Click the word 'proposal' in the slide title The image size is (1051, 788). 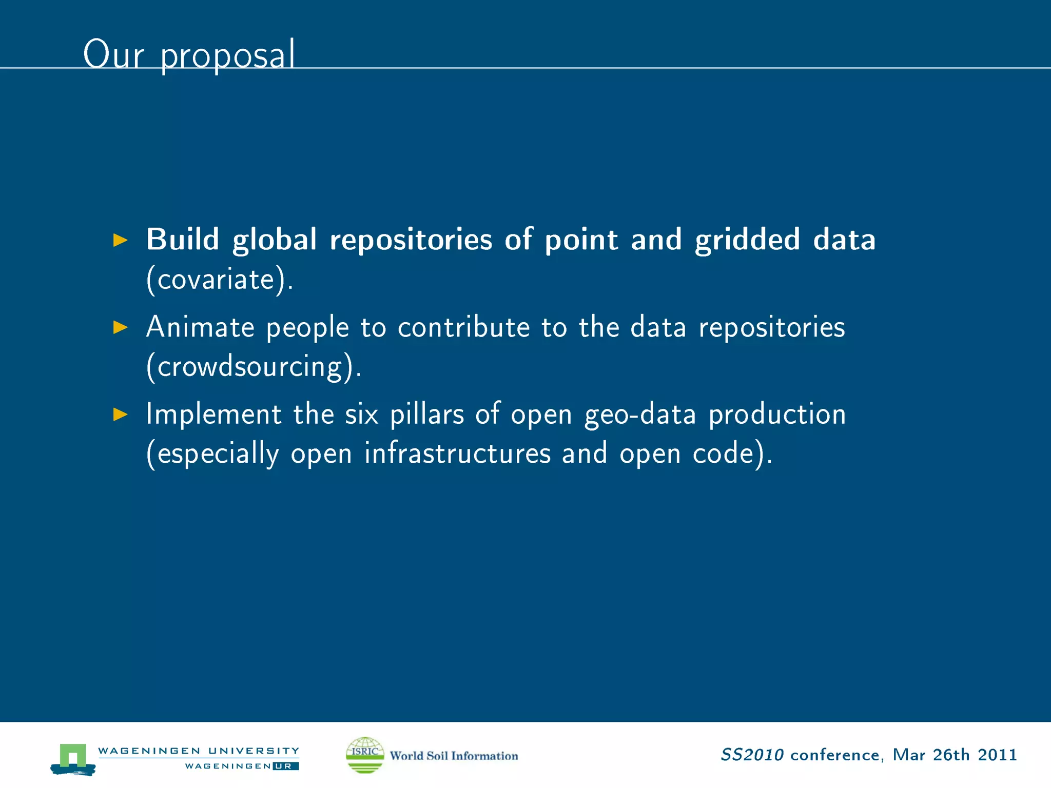pos(228,55)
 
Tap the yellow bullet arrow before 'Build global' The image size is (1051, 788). pos(120,240)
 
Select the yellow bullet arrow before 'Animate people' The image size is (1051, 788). pos(120,327)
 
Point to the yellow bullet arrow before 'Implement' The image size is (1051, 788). pos(120,414)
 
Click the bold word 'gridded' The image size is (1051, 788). pos(747,240)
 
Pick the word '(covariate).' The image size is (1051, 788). pos(220,280)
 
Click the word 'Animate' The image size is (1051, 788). pos(200,327)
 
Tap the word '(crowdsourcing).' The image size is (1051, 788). pos(254,367)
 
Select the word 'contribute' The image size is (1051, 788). pos(463,327)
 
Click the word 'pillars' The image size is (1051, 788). pos(427,414)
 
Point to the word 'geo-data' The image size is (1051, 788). pos(640,415)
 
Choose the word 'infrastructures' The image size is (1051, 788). pos(457,454)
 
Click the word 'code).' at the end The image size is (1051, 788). pos(732,454)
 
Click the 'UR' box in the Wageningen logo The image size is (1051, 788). pos(285,766)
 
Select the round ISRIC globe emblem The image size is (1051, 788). pos(365,755)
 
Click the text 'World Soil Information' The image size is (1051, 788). pos(454,756)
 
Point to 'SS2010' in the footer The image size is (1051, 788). pos(752,755)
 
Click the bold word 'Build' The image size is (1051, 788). pos(183,240)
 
